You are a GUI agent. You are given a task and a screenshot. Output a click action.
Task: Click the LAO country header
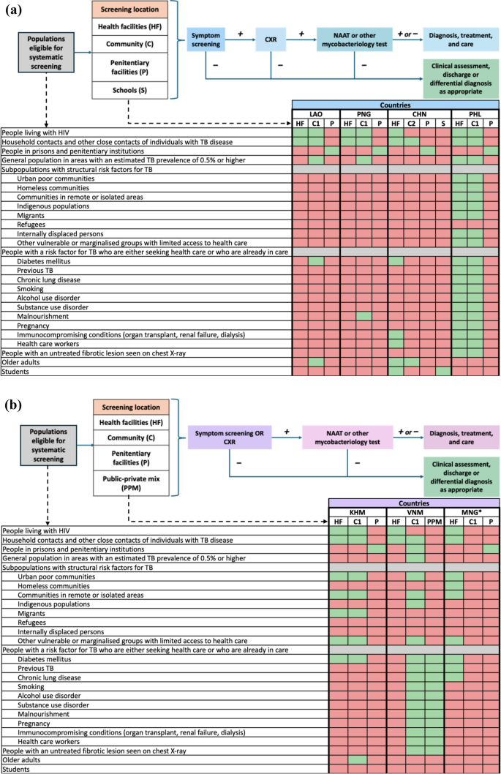click(x=316, y=115)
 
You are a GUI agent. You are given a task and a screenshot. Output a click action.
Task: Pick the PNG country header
click(x=363, y=115)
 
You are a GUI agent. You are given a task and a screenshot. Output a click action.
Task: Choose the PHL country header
click(x=475, y=115)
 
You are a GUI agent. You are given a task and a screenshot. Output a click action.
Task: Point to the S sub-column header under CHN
click(x=442, y=124)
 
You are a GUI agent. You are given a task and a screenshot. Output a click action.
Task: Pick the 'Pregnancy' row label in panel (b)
click(x=34, y=723)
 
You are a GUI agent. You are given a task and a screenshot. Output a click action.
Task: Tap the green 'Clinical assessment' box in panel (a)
click(x=461, y=77)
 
